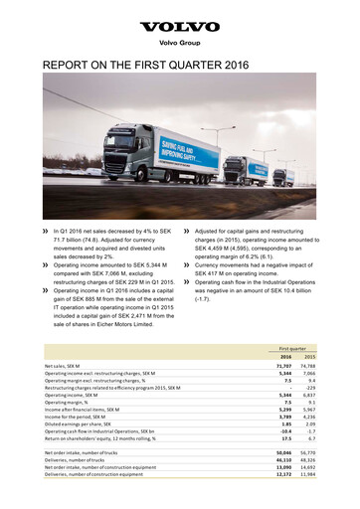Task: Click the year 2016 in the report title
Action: click(x=249, y=72)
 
